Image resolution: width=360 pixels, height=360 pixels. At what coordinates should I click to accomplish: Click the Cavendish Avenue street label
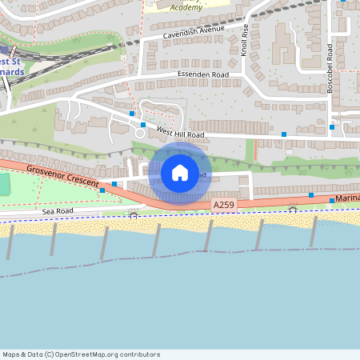(x=193, y=32)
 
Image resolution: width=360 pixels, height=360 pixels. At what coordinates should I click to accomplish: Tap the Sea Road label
(x=58, y=210)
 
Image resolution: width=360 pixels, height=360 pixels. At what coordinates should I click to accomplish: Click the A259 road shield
(x=225, y=206)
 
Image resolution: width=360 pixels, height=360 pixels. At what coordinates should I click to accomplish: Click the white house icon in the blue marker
(x=179, y=173)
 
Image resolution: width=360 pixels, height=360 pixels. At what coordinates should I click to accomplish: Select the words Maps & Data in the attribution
(x=22, y=354)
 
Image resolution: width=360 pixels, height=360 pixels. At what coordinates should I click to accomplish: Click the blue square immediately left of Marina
(x=332, y=200)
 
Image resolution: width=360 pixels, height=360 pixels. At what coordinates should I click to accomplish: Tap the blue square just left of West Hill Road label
(x=143, y=125)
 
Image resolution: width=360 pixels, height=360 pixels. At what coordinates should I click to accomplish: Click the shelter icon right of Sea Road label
(x=134, y=214)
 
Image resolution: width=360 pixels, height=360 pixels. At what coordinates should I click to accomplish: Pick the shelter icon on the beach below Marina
(x=294, y=209)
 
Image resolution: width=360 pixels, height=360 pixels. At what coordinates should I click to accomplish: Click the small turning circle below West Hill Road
(x=140, y=134)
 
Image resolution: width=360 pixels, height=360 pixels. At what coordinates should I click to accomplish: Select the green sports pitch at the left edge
(x=4, y=184)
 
